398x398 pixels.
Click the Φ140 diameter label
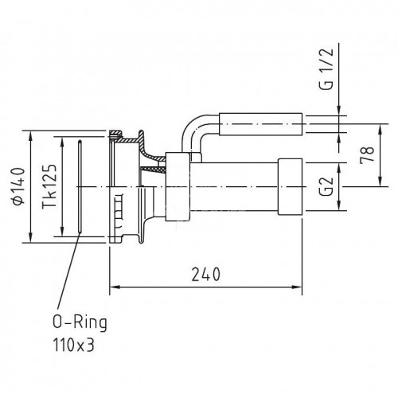click(18, 186)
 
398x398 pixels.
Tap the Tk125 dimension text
click(49, 186)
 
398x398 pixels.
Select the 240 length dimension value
click(206, 275)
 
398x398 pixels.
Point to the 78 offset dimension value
click(367, 155)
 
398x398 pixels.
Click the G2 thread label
click(326, 186)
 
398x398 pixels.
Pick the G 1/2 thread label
click(326, 69)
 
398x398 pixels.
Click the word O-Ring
click(80, 323)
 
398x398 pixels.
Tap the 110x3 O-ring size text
click(73, 345)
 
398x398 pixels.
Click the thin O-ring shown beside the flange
click(80, 186)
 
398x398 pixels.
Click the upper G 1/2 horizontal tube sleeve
click(260, 124)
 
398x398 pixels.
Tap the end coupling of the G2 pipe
click(290, 187)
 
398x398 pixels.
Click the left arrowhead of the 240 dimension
click(114, 287)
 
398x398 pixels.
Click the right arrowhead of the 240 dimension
click(297, 287)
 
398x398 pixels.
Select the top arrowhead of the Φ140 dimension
click(31, 136)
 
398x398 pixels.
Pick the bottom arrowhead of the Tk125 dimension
click(62, 231)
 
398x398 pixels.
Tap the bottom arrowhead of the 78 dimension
click(380, 181)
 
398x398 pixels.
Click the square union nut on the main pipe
click(178, 187)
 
